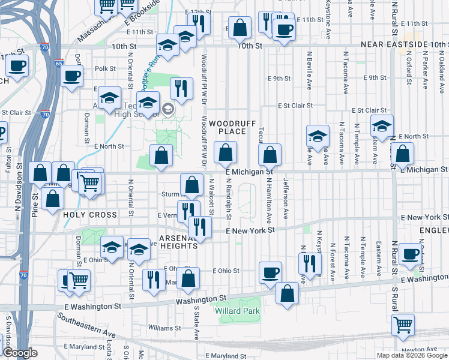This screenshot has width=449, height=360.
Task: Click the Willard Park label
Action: [x=238, y=311]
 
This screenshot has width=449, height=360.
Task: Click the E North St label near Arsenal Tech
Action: [x=109, y=146]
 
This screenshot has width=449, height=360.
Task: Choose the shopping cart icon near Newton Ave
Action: [x=403, y=325]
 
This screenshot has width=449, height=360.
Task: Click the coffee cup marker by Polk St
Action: [x=72, y=76]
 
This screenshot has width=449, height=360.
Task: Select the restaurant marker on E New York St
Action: [x=200, y=227]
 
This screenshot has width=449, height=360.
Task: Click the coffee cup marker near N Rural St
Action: [x=410, y=254]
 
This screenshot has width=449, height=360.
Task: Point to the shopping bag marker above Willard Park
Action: [x=288, y=293]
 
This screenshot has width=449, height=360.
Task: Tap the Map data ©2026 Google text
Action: [x=411, y=355]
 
